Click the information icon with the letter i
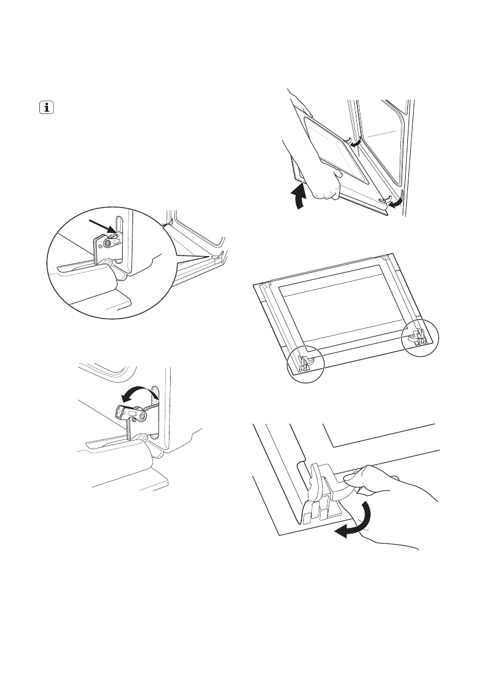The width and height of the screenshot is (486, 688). pyautogui.click(x=45, y=108)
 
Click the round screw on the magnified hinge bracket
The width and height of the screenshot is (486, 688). pyautogui.click(x=108, y=244)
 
